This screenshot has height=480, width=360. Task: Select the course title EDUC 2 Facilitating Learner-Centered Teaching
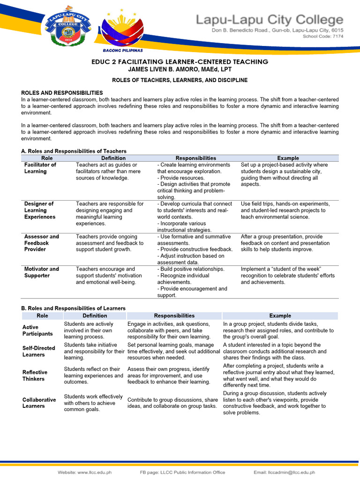(180, 62)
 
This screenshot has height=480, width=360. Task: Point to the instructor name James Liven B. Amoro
(180, 69)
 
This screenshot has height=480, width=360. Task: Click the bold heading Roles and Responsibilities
(62, 93)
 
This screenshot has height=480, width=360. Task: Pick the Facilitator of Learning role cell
(40, 168)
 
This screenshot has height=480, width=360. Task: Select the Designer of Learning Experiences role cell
(39, 210)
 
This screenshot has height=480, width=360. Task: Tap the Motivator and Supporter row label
(41, 272)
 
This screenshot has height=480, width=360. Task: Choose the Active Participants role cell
(37, 330)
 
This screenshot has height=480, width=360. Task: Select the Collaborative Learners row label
(39, 403)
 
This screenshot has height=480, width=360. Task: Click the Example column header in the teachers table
(288, 158)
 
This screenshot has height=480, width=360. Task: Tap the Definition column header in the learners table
(95, 316)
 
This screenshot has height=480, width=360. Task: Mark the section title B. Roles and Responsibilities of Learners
(74, 308)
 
